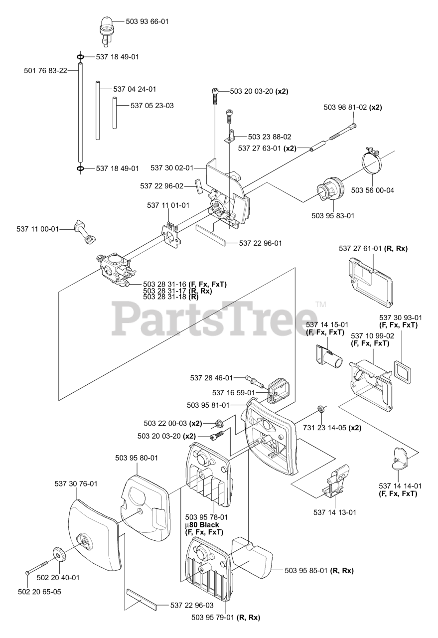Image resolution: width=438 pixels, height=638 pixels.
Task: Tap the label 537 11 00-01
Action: pyautogui.click(x=38, y=229)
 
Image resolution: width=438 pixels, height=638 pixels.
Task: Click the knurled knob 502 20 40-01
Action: pyautogui.click(x=59, y=555)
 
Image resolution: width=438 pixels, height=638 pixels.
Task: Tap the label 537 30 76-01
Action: pyautogui.click(x=76, y=483)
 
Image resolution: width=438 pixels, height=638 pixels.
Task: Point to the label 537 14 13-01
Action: pyautogui.click(x=334, y=512)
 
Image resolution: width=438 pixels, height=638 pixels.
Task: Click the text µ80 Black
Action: pyautogui.click(x=202, y=525)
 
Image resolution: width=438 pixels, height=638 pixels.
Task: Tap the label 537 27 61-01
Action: pyautogui.click(x=360, y=248)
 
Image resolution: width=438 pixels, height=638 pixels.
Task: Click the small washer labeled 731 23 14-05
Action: pyautogui.click(x=321, y=410)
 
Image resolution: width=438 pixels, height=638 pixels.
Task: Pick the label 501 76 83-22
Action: pyautogui.click(x=45, y=71)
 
